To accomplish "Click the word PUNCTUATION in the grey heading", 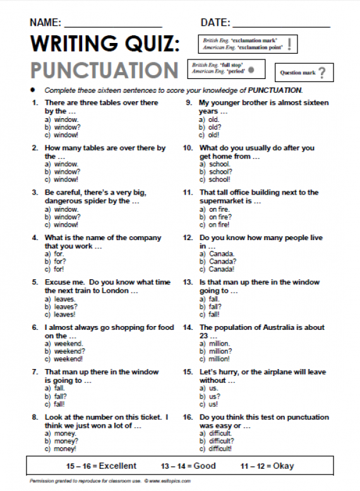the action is [x=104, y=70].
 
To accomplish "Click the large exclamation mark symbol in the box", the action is [x=289, y=44].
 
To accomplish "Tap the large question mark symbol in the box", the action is [x=322, y=73].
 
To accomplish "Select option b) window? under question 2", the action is [x=63, y=171].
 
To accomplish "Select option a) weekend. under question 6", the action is [x=64, y=343].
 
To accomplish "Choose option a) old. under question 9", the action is [x=210, y=119].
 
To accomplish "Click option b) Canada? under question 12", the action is [x=217, y=261].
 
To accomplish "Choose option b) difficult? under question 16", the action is [x=217, y=441].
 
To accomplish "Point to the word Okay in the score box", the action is [x=284, y=466].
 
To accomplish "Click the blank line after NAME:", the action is [x=113, y=25].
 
